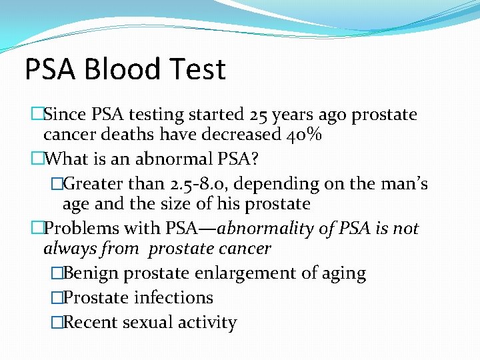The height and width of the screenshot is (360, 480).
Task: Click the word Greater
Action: (97, 183)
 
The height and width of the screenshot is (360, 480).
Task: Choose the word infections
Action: (173, 297)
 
